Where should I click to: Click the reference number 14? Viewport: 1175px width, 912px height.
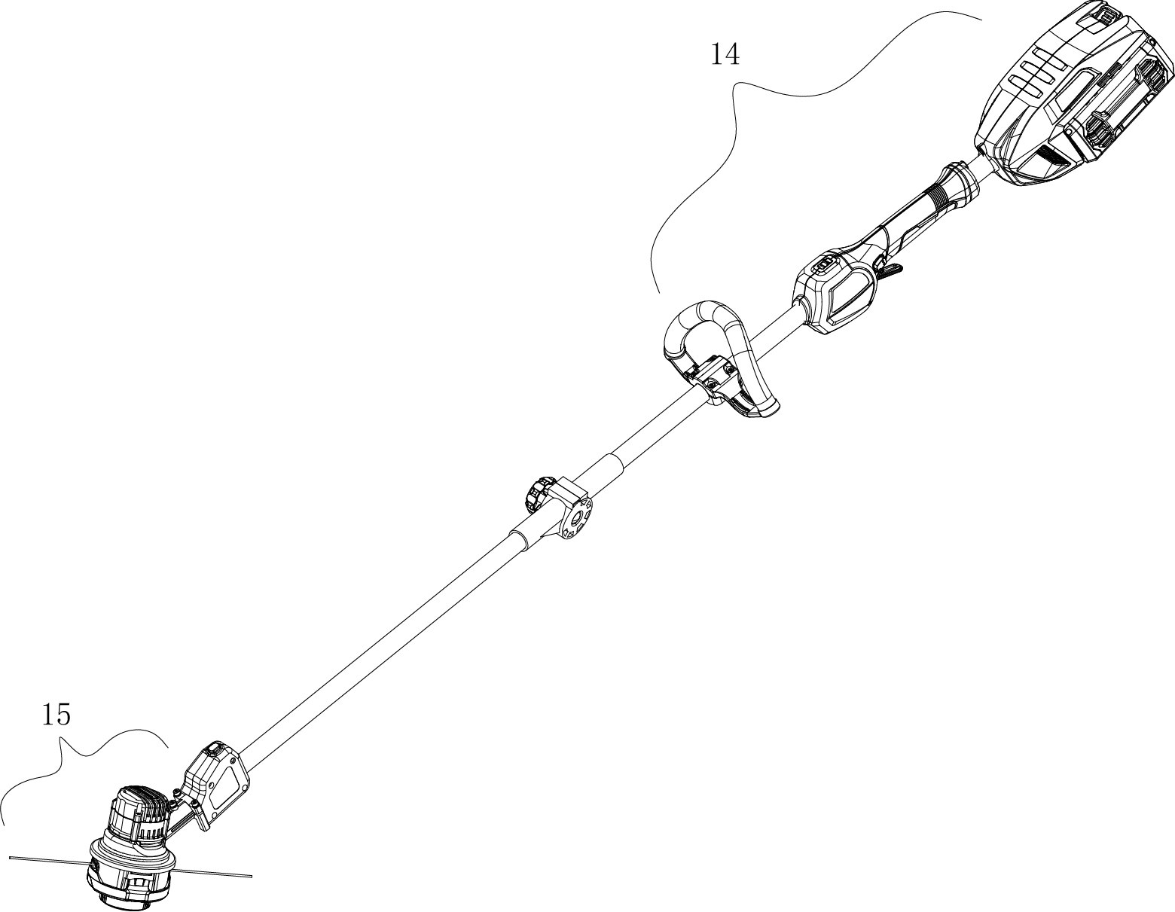click(x=725, y=54)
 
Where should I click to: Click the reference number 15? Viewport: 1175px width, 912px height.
click(x=56, y=714)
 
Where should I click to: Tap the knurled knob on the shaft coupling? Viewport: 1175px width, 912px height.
click(x=537, y=495)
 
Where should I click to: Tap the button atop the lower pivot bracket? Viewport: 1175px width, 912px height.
click(x=214, y=749)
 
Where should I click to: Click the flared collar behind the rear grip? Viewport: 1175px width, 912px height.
click(x=960, y=181)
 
